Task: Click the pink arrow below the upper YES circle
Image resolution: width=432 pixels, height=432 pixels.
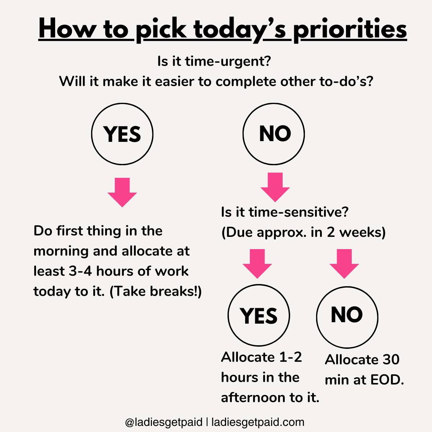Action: [122, 192]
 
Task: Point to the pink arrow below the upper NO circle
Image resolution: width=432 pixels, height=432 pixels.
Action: [275, 187]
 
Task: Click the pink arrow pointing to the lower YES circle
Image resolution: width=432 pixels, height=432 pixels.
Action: [257, 264]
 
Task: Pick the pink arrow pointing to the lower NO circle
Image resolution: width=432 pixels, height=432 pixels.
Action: [344, 264]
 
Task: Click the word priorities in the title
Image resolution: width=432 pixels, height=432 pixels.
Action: [350, 30]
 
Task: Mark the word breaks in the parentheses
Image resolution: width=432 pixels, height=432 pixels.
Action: [172, 292]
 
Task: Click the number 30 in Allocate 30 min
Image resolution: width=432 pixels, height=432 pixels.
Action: [391, 360]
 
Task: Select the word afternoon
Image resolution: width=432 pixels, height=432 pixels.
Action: [253, 398]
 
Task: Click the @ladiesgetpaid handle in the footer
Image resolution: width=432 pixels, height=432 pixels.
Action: [164, 422]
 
